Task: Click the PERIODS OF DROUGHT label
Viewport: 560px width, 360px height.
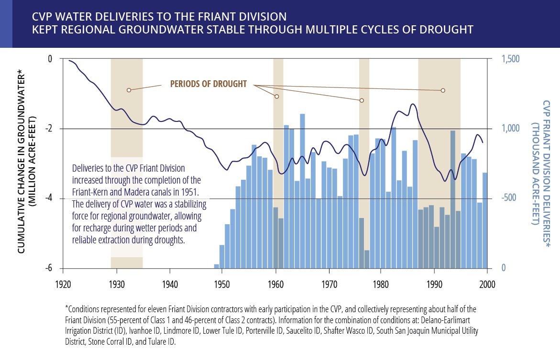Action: coord(209,84)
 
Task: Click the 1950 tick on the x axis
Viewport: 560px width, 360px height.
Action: coord(221,283)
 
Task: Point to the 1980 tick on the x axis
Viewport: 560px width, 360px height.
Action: coord(380,283)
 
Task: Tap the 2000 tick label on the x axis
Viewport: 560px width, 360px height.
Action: coord(487,283)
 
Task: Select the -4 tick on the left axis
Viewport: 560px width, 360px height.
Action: coord(49,198)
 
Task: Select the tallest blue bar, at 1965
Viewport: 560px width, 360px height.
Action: coord(303,191)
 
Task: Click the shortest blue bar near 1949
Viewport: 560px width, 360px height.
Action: coord(216,266)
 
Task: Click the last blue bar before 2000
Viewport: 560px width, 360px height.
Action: coord(485,220)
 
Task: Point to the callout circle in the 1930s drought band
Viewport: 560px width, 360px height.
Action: coord(129,90)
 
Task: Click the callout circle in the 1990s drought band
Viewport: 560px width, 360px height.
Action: coord(443,90)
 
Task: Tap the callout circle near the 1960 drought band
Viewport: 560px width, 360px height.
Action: coord(276,97)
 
